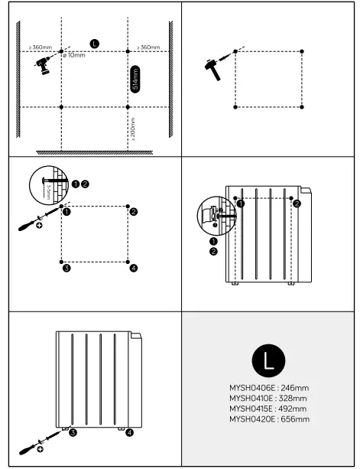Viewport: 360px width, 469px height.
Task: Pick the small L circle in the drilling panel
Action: coord(93,42)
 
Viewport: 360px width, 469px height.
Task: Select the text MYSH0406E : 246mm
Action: coord(268,388)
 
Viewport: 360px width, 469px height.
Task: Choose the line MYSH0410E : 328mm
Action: coord(268,399)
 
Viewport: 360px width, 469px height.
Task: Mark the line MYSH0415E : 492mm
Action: coord(268,409)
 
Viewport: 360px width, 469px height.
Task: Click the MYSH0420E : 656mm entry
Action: coord(268,419)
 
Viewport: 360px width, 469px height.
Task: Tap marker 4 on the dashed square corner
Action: coord(133,268)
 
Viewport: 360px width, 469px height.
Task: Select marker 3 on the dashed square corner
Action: coord(66,268)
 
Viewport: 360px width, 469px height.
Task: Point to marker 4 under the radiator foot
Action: coord(128,433)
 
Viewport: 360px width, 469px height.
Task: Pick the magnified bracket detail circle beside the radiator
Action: coord(214,216)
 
